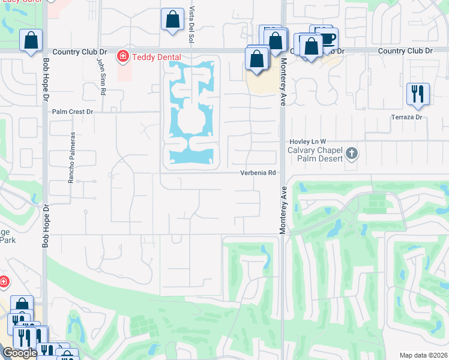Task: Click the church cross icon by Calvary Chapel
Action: click(x=352, y=154)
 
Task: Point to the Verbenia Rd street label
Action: click(x=258, y=173)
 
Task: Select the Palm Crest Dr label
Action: click(x=73, y=112)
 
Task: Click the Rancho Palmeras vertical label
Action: click(x=71, y=158)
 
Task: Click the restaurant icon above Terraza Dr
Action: click(x=417, y=94)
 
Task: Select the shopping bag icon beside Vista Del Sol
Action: click(x=172, y=19)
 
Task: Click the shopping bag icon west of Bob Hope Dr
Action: click(x=31, y=41)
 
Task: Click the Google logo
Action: click(x=20, y=353)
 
